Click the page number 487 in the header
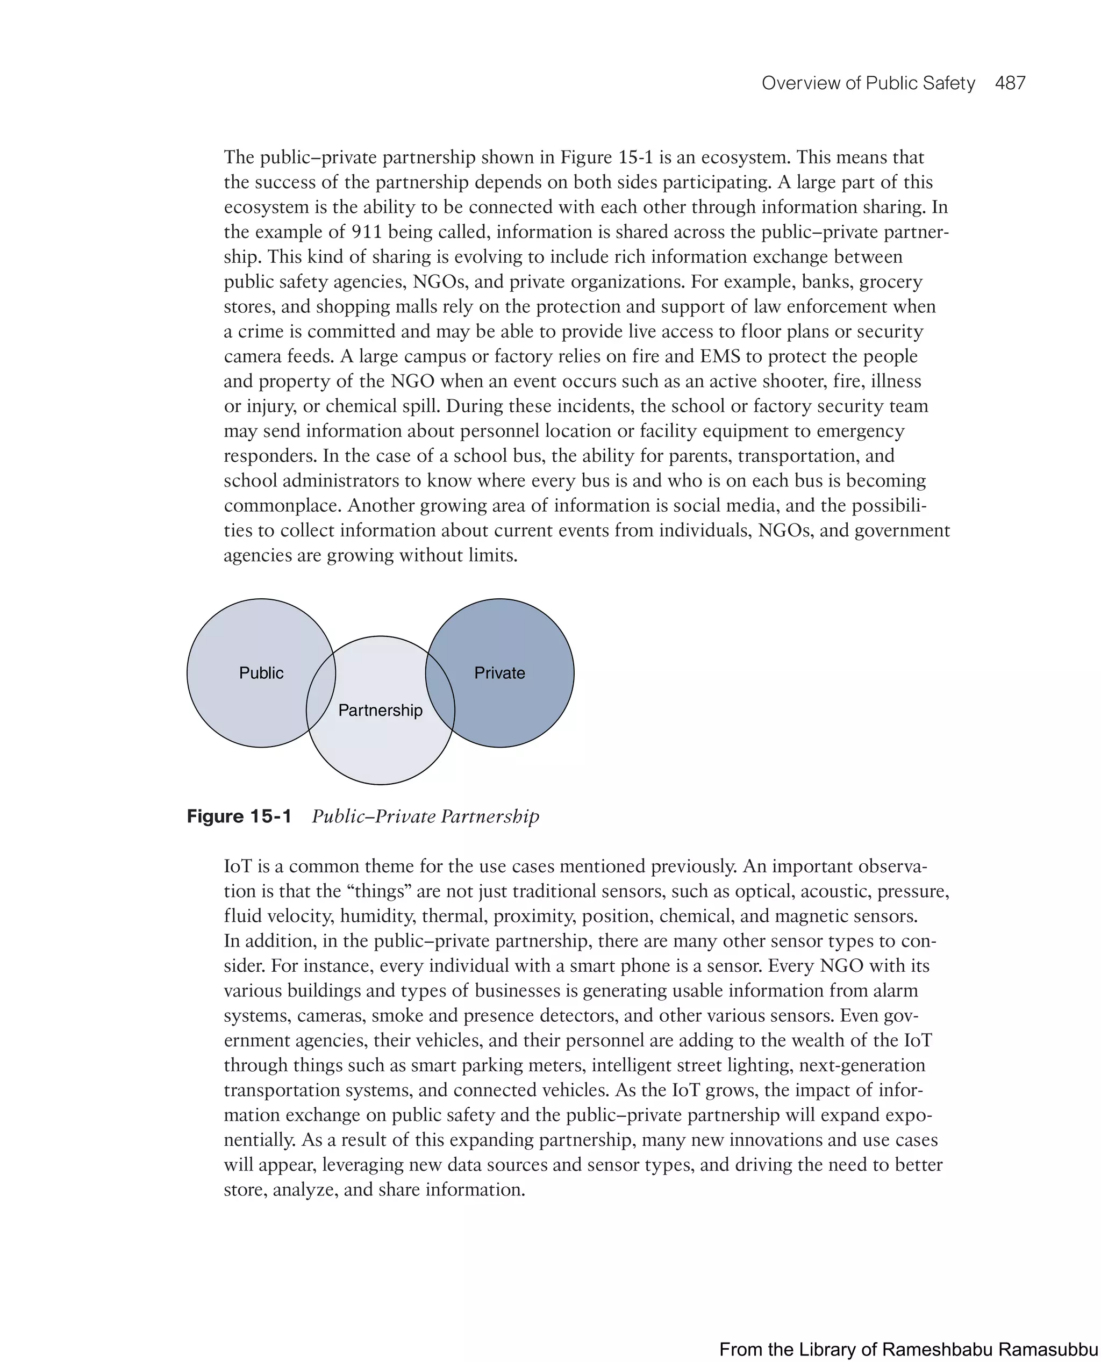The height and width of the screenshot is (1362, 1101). click(x=1010, y=83)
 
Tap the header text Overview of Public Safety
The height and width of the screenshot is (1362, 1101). click(x=868, y=83)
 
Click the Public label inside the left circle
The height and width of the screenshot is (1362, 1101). click(x=261, y=673)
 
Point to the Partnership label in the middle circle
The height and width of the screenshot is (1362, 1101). click(x=380, y=710)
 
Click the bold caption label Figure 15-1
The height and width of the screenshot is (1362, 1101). click(x=239, y=816)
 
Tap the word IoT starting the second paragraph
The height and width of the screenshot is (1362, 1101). click(x=238, y=866)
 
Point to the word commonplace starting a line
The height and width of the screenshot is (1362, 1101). click(x=283, y=505)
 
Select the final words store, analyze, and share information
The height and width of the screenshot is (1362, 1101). click(x=374, y=1189)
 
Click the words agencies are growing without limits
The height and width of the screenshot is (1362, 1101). click(x=370, y=555)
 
